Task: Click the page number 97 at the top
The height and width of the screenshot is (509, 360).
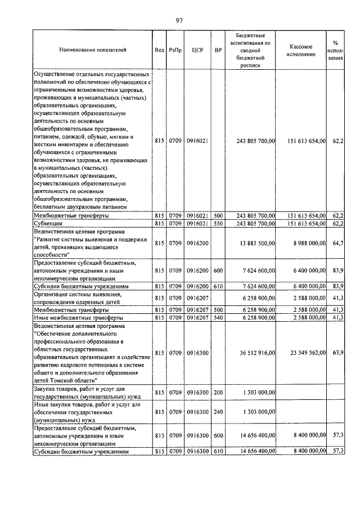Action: click(x=179, y=20)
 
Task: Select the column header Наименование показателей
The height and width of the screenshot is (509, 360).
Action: click(x=93, y=50)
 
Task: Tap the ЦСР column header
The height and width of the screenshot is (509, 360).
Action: click(x=197, y=50)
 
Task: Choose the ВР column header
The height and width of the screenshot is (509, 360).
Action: click(x=218, y=50)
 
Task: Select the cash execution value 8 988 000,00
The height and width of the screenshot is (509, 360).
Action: click(x=307, y=242)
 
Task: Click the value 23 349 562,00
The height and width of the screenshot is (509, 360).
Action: click(x=307, y=353)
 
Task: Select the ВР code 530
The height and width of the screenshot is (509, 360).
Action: click(x=218, y=224)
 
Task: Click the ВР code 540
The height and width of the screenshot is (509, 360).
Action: click(x=218, y=318)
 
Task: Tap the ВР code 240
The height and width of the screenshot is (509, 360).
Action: click(x=218, y=412)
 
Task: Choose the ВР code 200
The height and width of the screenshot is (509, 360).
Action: click(x=218, y=392)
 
